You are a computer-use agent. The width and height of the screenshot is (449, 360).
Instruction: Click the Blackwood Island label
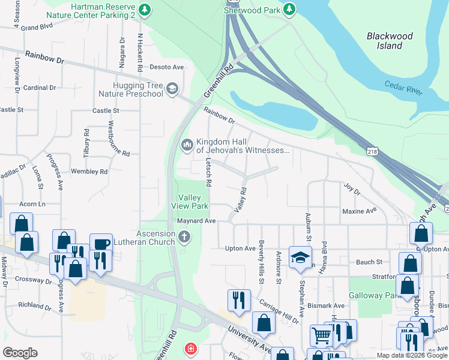[390, 41]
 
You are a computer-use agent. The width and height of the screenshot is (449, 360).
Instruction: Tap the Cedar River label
[404, 88]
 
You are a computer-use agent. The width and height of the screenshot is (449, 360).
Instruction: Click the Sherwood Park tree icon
[289, 9]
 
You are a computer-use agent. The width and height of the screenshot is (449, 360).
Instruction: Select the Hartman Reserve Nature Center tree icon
[144, 9]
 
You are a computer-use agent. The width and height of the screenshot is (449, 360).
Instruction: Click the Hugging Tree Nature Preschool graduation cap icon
[172, 89]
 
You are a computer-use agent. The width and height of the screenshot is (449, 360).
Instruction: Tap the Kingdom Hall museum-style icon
[187, 145]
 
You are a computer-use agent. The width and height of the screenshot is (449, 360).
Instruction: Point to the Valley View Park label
[193, 202]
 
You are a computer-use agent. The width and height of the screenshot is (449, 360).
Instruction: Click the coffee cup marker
[101, 244]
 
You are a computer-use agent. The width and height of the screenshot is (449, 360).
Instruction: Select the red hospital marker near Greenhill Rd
[190, 349]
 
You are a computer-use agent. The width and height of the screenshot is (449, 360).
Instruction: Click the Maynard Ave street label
[196, 221]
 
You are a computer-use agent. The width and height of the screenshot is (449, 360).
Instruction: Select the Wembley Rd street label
[89, 172]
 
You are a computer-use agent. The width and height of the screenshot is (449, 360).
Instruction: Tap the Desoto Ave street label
[166, 67]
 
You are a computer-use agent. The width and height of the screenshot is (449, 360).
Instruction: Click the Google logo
[20, 352]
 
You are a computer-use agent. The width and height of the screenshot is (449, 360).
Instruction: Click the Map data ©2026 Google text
[412, 355]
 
